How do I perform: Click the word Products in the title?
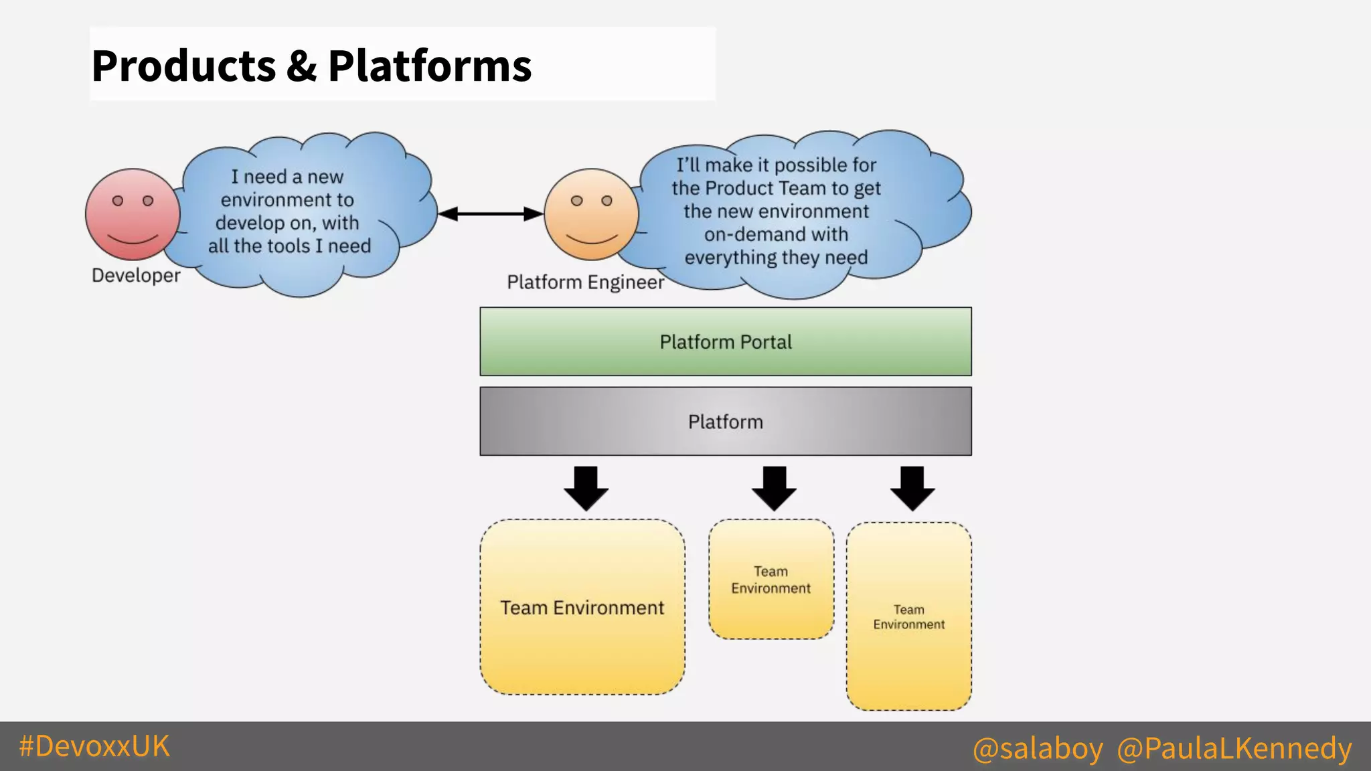pyautogui.click(x=183, y=66)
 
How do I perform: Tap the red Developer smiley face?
pyautogui.click(x=133, y=214)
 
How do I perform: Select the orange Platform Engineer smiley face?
pyautogui.click(x=591, y=214)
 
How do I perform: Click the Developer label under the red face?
pyautogui.click(x=136, y=275)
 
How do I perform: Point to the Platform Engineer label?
pyautogui.click(x=585, y=282)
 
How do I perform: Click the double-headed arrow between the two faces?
pyautogui.click(x=490, y=213)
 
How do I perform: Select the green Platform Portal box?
pyautogui.click(x=725, y=341)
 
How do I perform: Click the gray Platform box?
pyautogui.click(x=725, y=421)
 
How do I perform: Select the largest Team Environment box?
pyautogui.click(x=582, y=606)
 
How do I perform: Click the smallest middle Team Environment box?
pyautogui.click(x=771, y=580)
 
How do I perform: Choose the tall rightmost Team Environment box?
pyautogui.click(x=908, y=616)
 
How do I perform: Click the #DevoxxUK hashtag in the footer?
pyautogui.click(x=94, y=746)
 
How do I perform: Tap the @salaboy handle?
pyautogui.click(x=1038, y=748)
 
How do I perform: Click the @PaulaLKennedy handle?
pyautogui.click(x=1234, y=748)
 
